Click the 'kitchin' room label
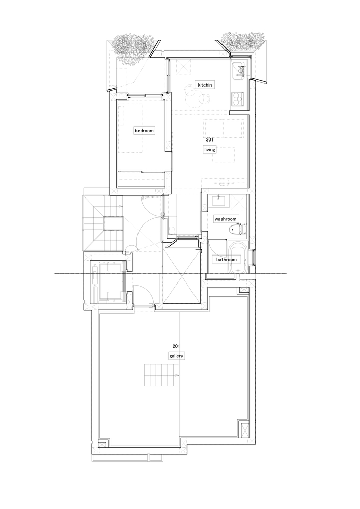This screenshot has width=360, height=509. coord(204,84)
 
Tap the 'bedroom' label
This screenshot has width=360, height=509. coord(144,131)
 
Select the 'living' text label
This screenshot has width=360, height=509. coord(210,149)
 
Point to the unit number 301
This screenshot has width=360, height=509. coord(209,139)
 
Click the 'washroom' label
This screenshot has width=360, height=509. coord(226,219)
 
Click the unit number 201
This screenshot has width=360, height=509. coord(176,347)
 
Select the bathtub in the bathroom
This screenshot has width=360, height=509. coord(237,260)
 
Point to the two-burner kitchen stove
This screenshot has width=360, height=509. coord(237,98)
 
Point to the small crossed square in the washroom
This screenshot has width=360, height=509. coord(238,203)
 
